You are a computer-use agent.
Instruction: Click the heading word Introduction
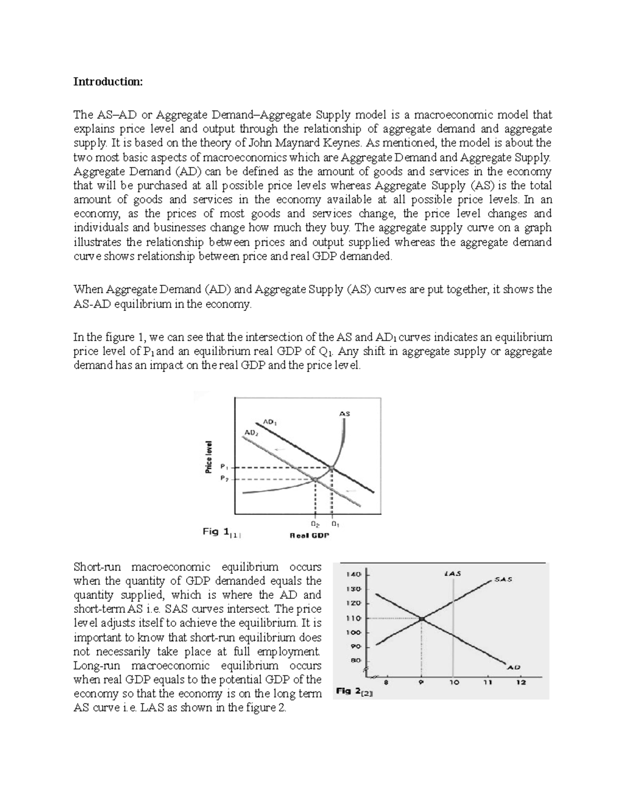click(107, 82)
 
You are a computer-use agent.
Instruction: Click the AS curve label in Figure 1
click(345, 414)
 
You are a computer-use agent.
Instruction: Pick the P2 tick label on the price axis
click(224, 478)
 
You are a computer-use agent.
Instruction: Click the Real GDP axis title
click(309, 535)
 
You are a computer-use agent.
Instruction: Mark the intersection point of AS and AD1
click(332, 467)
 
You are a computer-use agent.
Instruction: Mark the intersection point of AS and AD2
click(315, 479)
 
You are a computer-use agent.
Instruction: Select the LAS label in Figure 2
click(452, 573)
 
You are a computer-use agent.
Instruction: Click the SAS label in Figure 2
click(503, 579)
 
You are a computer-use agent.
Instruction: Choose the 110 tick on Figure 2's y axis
click(354, 618)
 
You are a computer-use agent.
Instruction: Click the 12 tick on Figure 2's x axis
click(521, 682)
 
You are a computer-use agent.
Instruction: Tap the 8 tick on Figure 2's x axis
click(386, 682)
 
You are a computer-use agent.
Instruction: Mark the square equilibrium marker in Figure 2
click(422, 619)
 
